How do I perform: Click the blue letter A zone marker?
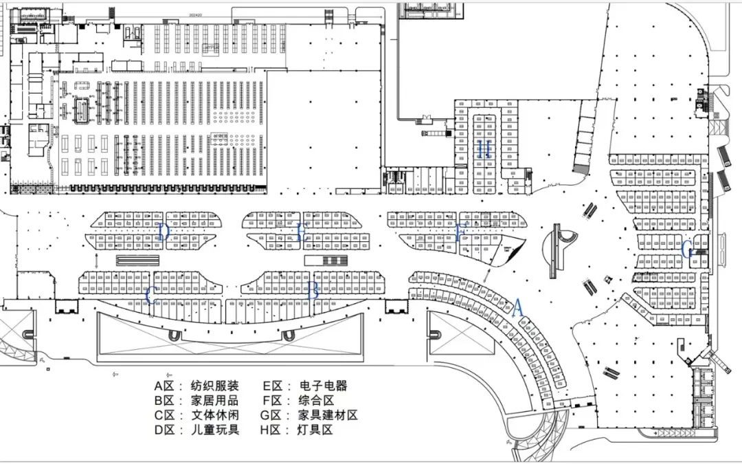tap(518, 307)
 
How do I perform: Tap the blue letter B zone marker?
tap(313, 291)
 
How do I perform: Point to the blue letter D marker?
tap(163, 232)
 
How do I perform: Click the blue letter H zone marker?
tap(484, 149)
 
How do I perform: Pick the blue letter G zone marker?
tap(686, 250)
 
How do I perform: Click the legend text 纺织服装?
tap(214, 386)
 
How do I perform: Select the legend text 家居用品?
tap(214, 401)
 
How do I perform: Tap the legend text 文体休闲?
tap(214, 415)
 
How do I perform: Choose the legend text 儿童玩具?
tap(214, 430)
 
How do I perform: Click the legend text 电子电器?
tap(323, 386)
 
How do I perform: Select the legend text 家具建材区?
tap(328, 415)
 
